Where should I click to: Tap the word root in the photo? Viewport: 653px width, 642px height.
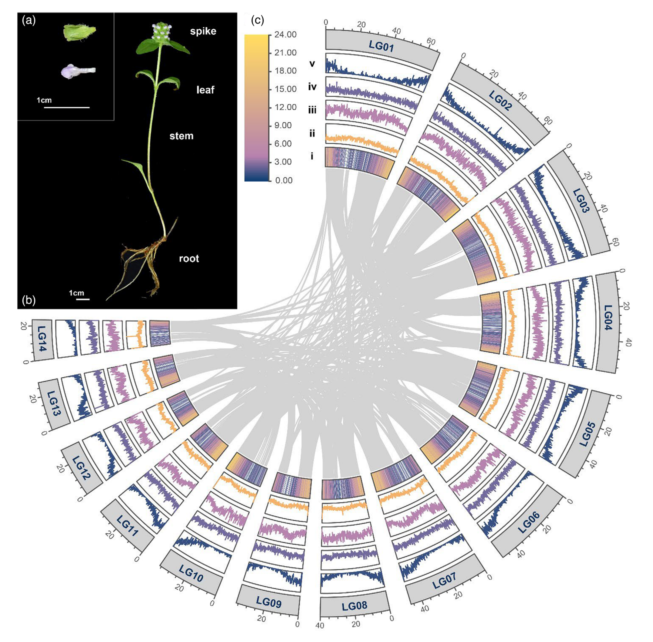tap(189, 259)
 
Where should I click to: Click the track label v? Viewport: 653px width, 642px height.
tap(312, 63)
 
